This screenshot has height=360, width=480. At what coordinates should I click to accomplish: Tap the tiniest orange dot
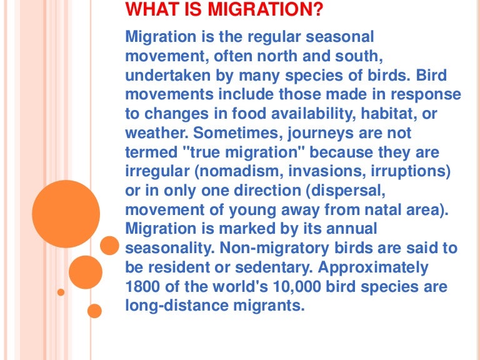tap(61, 292)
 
